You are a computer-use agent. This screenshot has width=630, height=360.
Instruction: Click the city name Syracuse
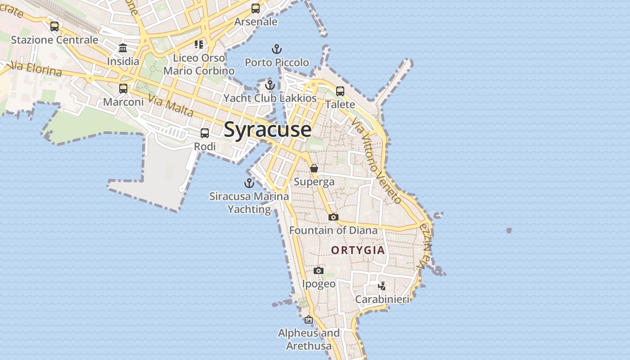[x=267, y=130]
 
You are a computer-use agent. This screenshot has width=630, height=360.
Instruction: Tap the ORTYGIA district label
[x=358, y=250]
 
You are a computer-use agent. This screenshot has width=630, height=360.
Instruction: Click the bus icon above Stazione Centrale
[x=54, y=27]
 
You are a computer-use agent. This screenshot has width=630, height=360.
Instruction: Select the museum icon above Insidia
[x=123, y=48]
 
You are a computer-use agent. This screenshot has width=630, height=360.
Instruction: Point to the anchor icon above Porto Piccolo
[x=277, y=49]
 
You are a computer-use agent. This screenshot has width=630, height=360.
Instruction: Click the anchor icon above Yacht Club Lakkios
[x=270, y=85]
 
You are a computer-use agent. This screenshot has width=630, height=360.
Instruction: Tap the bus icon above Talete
[x=340, y=91]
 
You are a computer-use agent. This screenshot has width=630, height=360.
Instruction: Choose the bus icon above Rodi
[x=205, y=133]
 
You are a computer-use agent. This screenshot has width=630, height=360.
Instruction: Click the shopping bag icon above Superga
[x=314, y=168]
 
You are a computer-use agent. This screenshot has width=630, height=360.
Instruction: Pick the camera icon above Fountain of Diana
[x=333, y=217]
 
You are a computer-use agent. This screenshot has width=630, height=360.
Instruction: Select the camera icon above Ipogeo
[x=319, y=270]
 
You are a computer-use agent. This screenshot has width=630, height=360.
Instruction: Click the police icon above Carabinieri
[x=382, y=286]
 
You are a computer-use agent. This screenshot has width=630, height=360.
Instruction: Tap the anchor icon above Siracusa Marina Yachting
[x=249, y=183]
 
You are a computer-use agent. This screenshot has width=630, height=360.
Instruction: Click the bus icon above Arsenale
[x=256, y=9]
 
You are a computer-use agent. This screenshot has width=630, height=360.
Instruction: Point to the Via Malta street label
[x=171, y=107]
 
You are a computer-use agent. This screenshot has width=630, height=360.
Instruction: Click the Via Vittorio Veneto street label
[x=376, y=161]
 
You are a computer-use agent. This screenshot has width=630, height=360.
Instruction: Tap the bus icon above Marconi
[x=123, y=89]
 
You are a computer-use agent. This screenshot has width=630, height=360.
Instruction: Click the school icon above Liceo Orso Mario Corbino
[x=199, y=44]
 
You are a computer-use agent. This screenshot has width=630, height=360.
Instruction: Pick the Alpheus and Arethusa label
[x=309, y=339]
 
